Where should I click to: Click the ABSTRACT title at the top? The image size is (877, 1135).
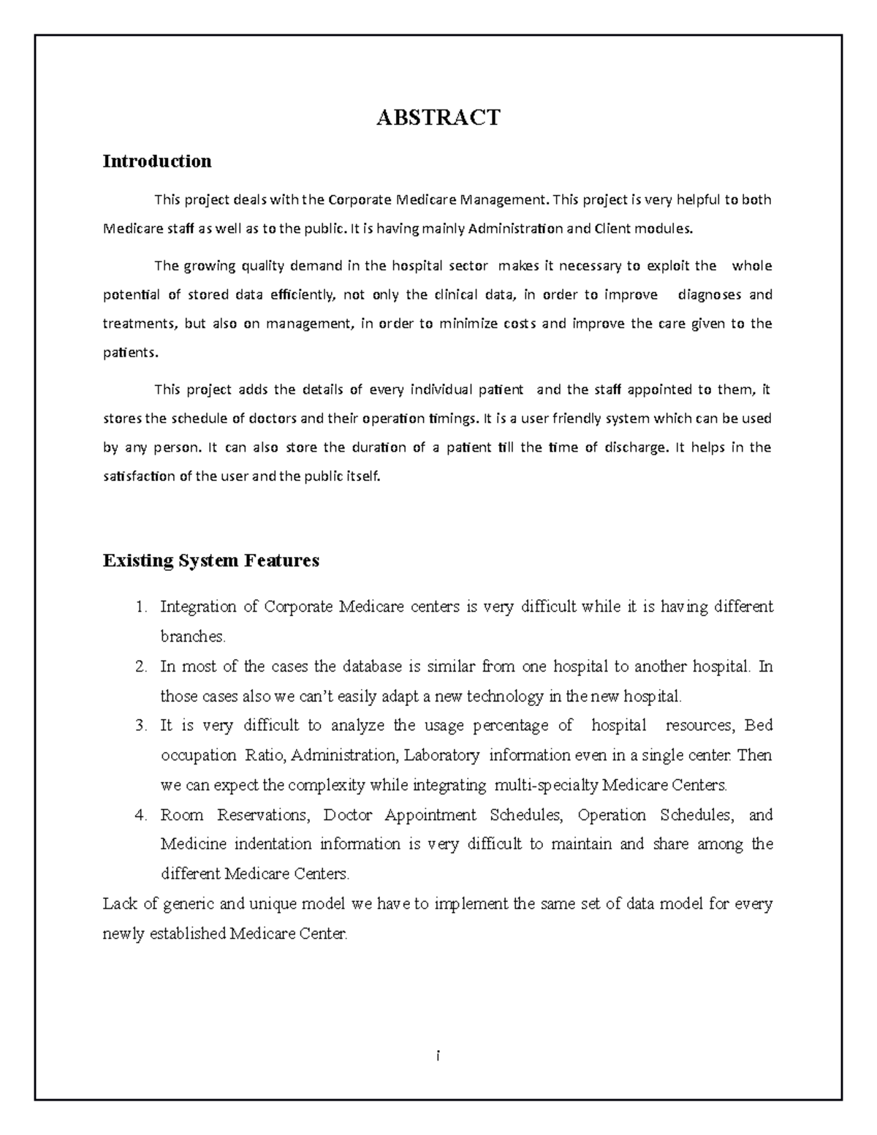pos(438,118)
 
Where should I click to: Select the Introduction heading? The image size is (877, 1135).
pos(157,161)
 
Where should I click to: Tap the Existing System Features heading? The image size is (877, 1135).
pos(211,561)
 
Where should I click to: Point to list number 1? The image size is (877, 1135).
pos(141,607)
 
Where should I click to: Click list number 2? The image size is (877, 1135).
pos(141,667)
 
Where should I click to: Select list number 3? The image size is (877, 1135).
pos(141,726)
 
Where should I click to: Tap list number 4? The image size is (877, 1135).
pos(141,815)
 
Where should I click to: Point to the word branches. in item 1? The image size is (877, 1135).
pos(193,637)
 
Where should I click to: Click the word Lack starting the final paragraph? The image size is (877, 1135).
pos(120,904)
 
